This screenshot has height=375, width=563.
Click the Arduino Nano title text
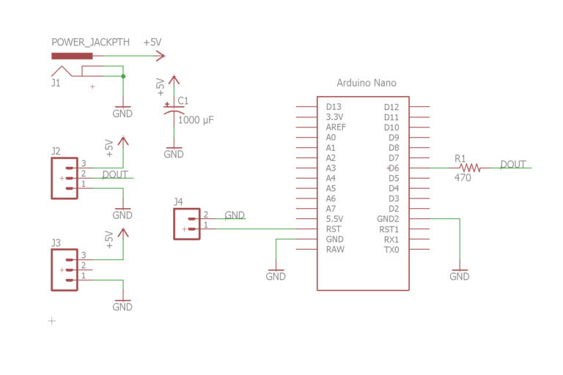click(366, 83)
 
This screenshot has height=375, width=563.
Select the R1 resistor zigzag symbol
click(469, 168)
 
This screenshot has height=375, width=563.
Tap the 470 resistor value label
click(463, 178)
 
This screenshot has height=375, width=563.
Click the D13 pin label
click(334, 107)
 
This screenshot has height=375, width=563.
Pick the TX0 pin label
click(391, 250)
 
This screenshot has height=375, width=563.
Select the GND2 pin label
click(388, 219)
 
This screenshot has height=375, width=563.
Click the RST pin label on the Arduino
click(333, 229)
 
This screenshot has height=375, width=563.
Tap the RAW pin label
click(335, 250)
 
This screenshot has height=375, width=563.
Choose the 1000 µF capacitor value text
click(196, 119)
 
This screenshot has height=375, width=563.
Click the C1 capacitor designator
click(183, 101)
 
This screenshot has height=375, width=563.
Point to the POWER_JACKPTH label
click(90, 42)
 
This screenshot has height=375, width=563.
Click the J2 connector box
click(64, 178)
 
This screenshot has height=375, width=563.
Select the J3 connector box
click(64, 270)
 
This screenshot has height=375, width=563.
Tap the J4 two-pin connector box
click(186, 223)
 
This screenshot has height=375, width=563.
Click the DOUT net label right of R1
click(513, 164)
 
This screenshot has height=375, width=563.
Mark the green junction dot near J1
click(122, 75)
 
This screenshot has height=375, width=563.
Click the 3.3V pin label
click(334, 117)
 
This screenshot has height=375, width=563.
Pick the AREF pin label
click(336, 127)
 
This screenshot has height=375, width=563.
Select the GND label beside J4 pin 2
click(235, 215)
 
